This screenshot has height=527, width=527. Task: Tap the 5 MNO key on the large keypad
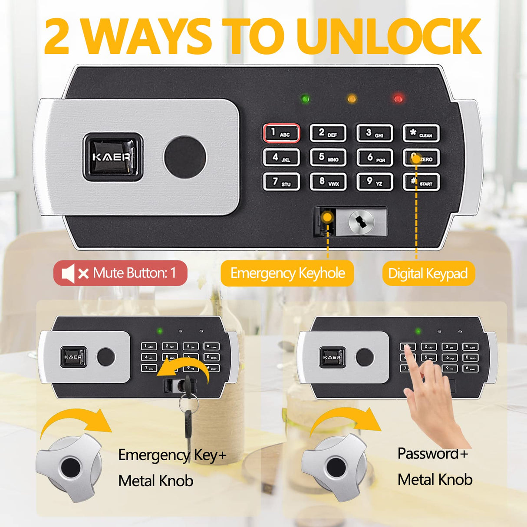[328, 158]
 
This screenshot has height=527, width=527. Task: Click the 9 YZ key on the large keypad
[374, 182]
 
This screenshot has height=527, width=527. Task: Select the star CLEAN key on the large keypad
[421, 133]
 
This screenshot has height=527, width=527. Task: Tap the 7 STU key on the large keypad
[281, 182]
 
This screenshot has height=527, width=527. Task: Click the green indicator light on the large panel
[305, 99]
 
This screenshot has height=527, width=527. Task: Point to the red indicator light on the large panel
[398, 99]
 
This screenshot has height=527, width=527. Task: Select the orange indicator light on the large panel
[352, 99]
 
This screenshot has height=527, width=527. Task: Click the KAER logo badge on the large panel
[112, 157]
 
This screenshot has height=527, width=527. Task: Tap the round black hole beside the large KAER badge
[184, 157]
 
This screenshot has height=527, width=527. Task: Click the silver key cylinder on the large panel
[361, 222]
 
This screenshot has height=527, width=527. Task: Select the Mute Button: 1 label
[120, 273]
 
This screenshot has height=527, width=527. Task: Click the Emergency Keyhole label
[287, 273]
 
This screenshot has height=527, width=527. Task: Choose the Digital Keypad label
[428, 273]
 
